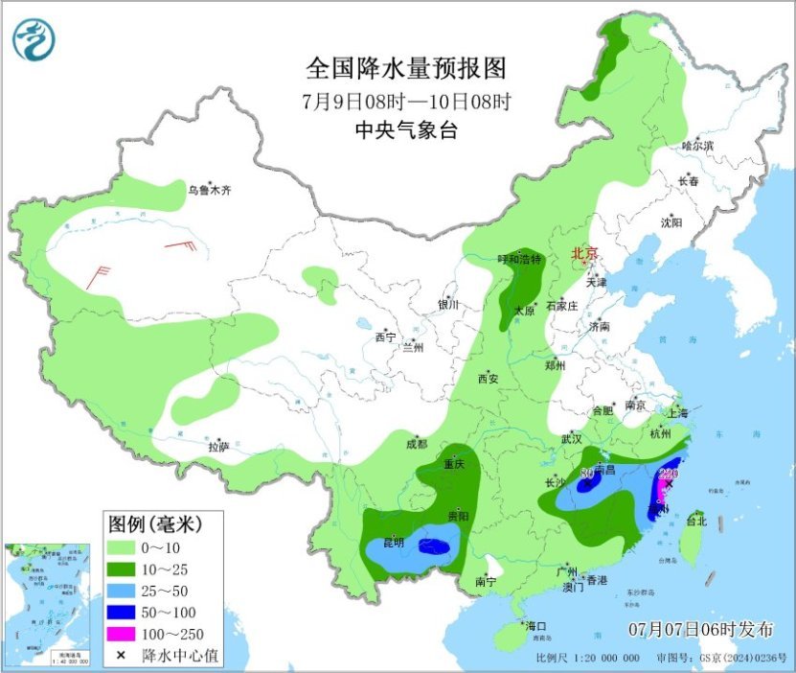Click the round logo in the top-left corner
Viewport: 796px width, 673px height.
pos(34,39)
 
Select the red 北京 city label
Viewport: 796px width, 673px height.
pos(584,254)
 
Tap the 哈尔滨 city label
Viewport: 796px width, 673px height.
pos(698,146)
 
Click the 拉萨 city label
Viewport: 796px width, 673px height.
pos(218,447)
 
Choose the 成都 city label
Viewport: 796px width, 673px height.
pos(416,444)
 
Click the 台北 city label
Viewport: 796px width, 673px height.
pos(695,522)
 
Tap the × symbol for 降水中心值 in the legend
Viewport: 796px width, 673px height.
pos(122,656)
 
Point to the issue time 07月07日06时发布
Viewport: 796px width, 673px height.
pos(701,630)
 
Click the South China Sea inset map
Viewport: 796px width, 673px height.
pos(47,604)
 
